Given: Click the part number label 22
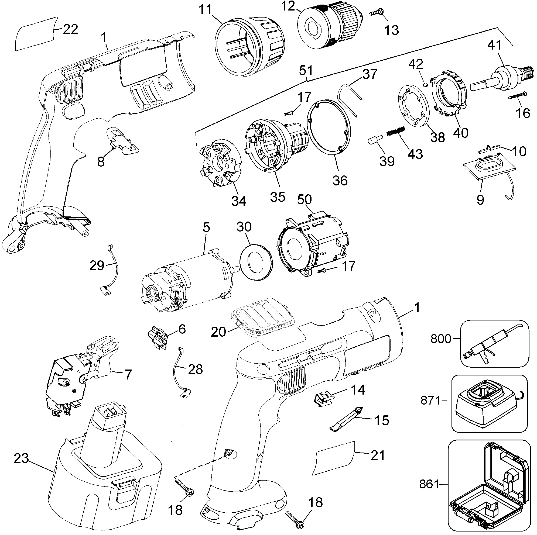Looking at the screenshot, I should (70, 29).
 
